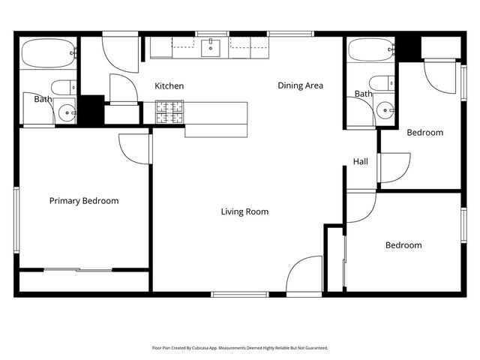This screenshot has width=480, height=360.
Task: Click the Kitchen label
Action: tap(169, 86)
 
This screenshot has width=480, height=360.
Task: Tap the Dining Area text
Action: tap(300, 85)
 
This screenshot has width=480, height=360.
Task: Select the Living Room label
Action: tap(244, 211)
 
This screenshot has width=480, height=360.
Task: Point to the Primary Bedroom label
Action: tap(84, 201)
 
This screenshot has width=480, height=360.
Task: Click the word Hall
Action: tap(361, 162)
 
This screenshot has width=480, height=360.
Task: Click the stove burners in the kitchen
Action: tap(169, 112)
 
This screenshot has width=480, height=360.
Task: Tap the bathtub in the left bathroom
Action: tap(49, 53)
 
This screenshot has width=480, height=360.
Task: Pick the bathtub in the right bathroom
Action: tap(371, 52)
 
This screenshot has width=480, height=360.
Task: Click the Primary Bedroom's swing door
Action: tap(135, 150)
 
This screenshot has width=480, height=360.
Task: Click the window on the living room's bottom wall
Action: tap(239, 294)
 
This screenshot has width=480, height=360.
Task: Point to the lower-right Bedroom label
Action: tap(403, 245)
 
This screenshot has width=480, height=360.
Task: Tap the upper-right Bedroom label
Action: tap(424, 133)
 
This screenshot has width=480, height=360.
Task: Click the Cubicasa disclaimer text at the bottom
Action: tap(239, 348)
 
